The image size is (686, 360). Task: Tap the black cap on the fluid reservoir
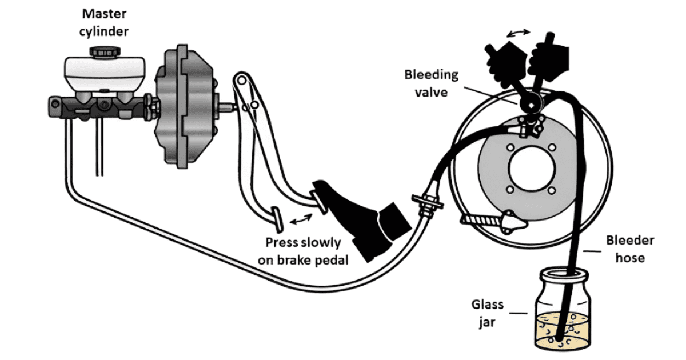coord(102,52)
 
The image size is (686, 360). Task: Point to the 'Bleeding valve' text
coord(432,83)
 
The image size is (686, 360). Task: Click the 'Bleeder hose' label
coord(631,249)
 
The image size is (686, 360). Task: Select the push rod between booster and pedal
coord(225,105)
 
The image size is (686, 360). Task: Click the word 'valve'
coord(432,91)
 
